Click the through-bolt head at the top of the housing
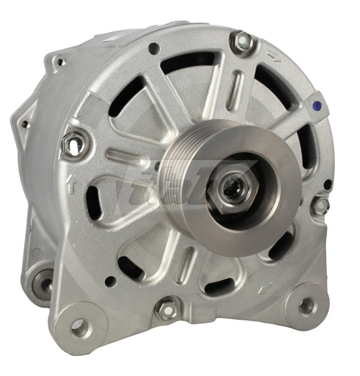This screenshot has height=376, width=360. click(x=241, y=41)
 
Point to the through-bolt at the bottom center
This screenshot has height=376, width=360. click(x=166, y=308)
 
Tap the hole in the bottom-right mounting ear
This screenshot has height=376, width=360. click(x=306, y=306)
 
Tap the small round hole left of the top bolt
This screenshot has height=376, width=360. click(x=154, y=48)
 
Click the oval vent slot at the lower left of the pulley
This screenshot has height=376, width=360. click(x=94, y=202)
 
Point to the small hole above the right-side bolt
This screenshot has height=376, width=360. click(x=327, y=184)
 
